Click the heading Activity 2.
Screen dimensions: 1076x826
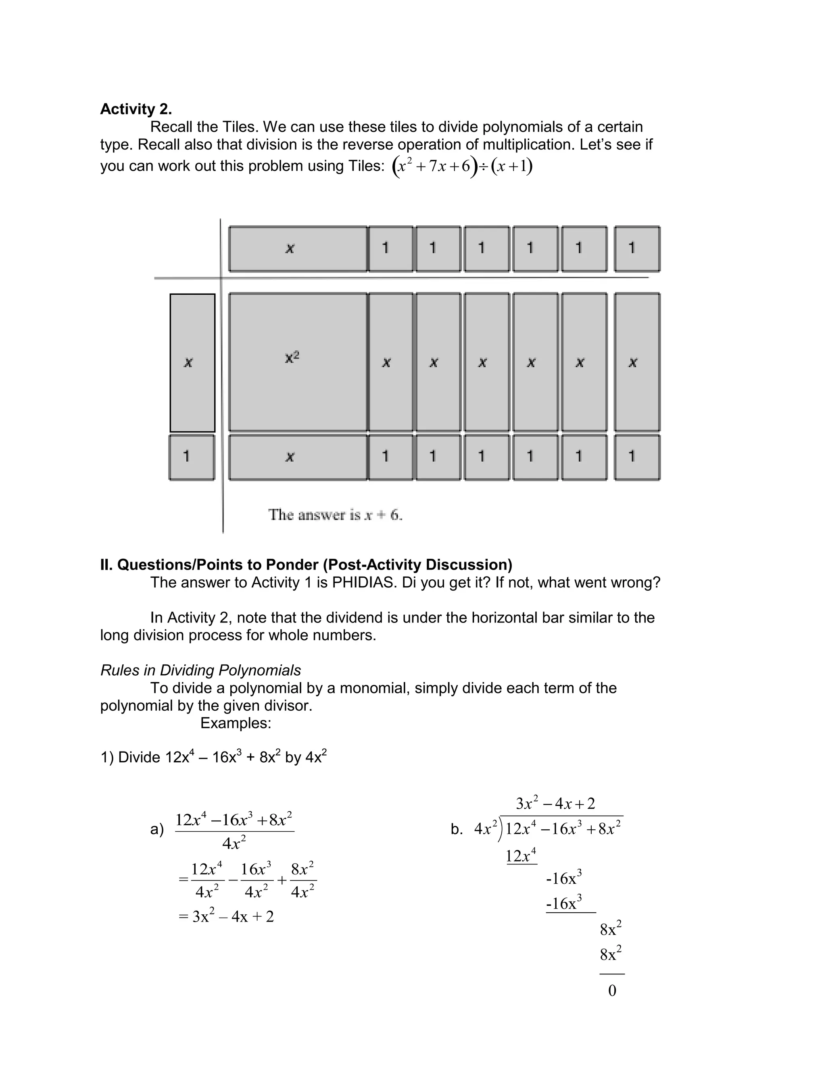pyautogui.click(x=136, y=109)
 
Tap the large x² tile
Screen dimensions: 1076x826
pyautogui.click(x=298, y=362)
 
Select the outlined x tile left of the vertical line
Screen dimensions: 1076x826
pyautogui.click(x=192, y=362)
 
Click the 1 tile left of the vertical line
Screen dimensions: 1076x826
pyautogui.click(x=192, y=457)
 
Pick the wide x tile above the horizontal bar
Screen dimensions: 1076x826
pyautogui.click(x=298, y=249)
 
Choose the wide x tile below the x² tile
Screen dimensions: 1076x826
pyautogui.click(x=298, y=457)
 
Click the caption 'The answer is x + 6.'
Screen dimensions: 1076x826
pyautogui.click(x=335, y=515)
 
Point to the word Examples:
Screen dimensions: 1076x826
pyautogui.click(x=236, y=723)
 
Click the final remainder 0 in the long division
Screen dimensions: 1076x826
pyautogui.click(x=612, y=991)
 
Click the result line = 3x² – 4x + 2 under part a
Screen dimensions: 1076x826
pyautogui.click(x=226, y=916)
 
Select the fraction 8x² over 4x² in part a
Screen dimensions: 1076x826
pyautogui.click(x=302, y=880)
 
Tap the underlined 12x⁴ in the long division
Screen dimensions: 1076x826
pyautogui.click(x=521, y=856)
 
